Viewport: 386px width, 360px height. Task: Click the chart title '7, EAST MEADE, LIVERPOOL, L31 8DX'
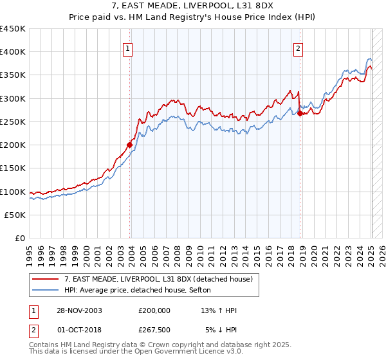point(193,6)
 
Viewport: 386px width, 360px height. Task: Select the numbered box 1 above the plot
point(128,48)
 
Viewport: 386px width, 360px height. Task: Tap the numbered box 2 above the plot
point(299,48)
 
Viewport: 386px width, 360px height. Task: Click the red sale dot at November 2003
point(129,145)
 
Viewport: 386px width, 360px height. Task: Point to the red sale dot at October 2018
point(300,114)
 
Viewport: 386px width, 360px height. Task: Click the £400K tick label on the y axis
point(13,52)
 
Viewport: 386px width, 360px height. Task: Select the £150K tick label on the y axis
point(13,168)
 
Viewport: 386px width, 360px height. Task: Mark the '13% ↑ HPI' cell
point(219,310)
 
